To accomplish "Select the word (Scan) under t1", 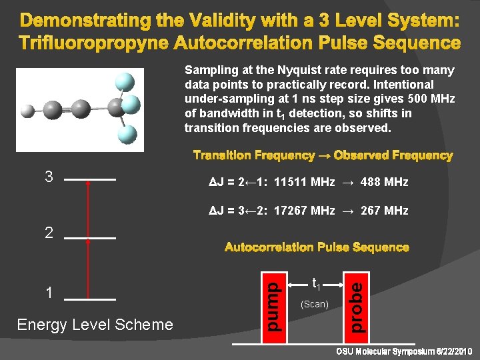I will (x=315, y=304).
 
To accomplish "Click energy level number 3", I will (x=48, y=177).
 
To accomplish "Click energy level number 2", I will (x=48, y=233).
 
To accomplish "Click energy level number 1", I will (x=48, y=293).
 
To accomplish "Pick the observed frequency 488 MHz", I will (x=384, y=182).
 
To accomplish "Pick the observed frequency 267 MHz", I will (x=383, y=211).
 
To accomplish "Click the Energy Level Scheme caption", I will (x=95, y=325).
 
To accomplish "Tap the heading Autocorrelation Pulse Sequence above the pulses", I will (x=317, y=247).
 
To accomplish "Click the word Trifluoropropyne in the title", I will (x=93, y=43).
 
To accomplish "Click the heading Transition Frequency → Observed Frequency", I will (x=323, y=155).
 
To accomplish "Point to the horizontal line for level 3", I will (x=91, y=180).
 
